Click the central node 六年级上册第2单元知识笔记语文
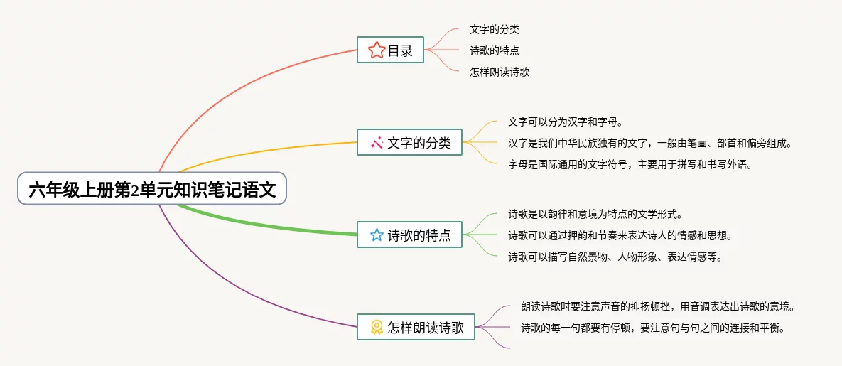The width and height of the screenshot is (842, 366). tap(152, 189)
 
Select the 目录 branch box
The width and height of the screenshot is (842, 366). tap(390, 50)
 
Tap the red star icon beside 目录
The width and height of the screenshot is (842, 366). tap(376, 50)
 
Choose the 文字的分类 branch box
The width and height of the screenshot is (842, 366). tap(409, 143)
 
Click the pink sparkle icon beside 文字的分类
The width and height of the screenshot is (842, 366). tap(377, 143)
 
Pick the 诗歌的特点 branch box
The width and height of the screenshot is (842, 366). tap(409, 235)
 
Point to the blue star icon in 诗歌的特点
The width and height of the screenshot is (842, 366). tap(377, 235)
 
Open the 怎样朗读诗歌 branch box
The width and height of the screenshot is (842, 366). tap(416, 327)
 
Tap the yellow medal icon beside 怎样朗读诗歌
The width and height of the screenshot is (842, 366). tap(377, 327)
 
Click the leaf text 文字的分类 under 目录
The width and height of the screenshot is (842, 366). tap(495, 30)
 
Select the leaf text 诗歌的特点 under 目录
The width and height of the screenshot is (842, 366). tap(495, 50)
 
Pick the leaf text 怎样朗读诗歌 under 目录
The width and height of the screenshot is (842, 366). tap(500, 72)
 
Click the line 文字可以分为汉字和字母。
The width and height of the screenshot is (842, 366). tap(566, 122)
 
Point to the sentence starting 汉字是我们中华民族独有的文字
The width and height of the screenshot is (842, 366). tap(650, 143)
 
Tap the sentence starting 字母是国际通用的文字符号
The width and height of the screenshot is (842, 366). tap(630, 164)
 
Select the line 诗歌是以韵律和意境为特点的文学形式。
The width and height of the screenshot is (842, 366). tap(596, 214)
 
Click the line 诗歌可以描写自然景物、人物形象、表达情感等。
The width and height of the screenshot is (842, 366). tap(615, 257)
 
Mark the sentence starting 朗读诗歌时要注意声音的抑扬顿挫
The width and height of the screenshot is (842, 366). tap(657, 307)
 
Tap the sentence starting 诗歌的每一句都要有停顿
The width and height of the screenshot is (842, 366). tap(652, 328)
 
